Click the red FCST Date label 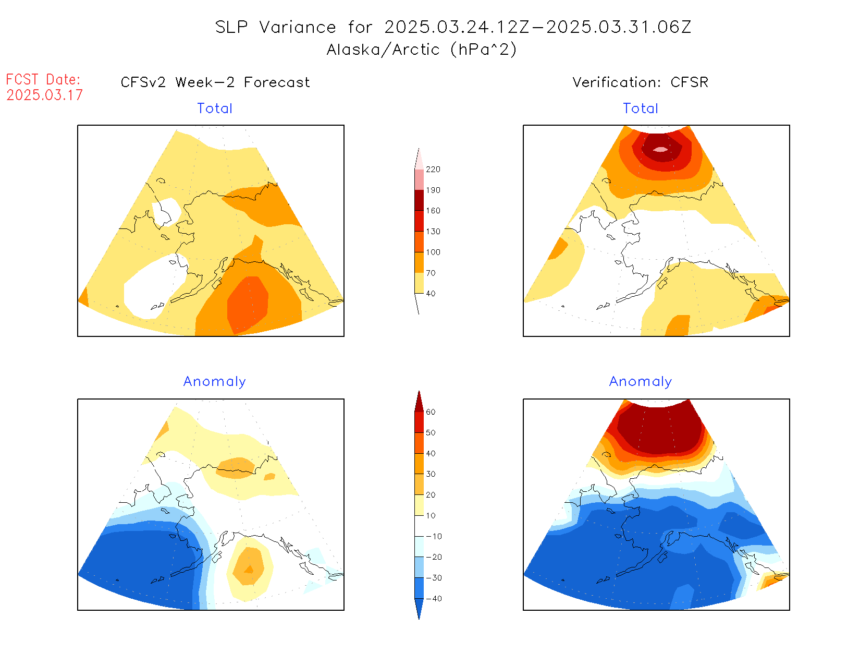coord(43,80)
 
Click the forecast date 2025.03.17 coord(45,95)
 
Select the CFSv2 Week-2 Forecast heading coord(215,82)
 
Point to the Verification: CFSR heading coord(641,82)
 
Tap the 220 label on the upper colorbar coord(433,170)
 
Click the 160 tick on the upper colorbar coord(433,211)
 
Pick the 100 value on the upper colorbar coord(433,252)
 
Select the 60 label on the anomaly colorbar coord(431,412)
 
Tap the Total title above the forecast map coord(215,108)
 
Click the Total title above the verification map coord(641,108)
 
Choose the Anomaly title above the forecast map coord(215,382)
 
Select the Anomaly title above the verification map coord(641,382)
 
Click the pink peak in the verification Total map coord(660,149)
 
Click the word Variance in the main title coord(298,27)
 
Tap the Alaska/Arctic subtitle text coord(383,50)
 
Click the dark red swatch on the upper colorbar coord(419,200)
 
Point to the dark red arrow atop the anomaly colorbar coord(419,402)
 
